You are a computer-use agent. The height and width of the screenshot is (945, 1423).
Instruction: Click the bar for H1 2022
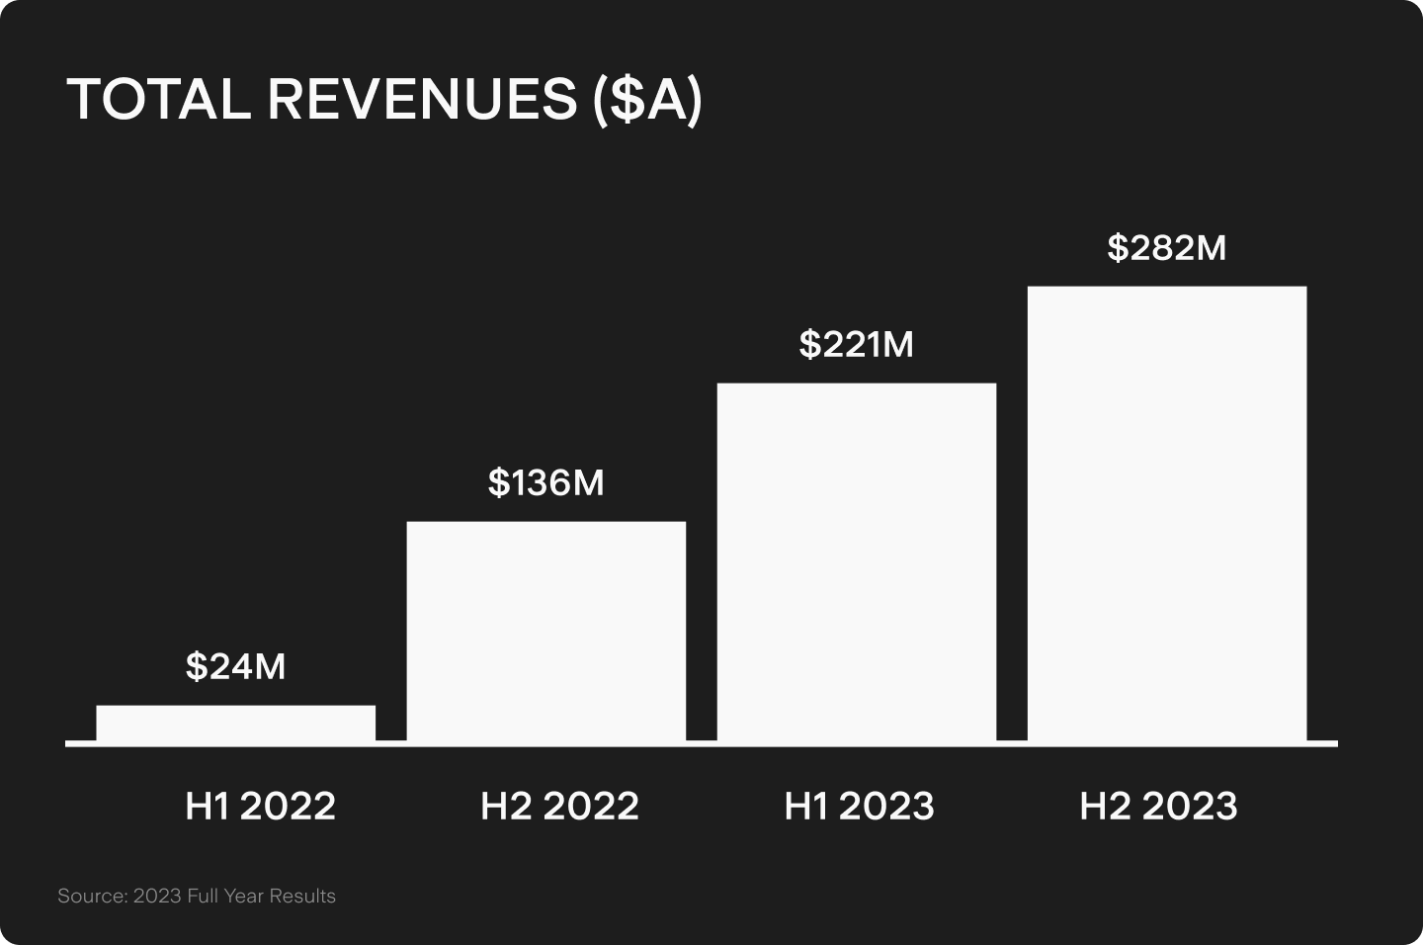pyautogui.click(x=235, y=723)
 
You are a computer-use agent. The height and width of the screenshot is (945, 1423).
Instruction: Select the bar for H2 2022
pyautogui.click(x=545, y=631)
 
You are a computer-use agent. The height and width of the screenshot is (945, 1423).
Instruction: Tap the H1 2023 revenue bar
pyautogui.click(x=856, y=561)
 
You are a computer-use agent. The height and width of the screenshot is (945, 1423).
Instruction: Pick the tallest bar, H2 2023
pyautogui.click(x=1166, y=513)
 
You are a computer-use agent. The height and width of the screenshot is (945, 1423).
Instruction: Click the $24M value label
pyautogui.click(x=235, y=667)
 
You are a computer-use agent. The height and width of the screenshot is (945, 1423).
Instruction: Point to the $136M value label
pyautogui.click(x=545, y=483)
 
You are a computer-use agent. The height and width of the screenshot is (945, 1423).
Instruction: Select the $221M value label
pyautogui.click(x=856, y=345)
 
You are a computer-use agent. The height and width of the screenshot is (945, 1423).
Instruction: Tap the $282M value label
pyautogui.click(x=1166, y=248)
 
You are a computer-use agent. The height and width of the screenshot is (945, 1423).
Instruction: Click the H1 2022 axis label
pyautogui.click(x=260, y=807)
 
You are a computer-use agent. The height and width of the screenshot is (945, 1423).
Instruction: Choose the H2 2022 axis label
pyautogui.click(x=559, y=807)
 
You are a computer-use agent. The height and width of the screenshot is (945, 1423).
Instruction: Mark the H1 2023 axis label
pyautogui.click(x=859, y=807)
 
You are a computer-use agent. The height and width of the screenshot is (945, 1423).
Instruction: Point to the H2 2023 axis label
pyautogui.click(x=1158, y=807)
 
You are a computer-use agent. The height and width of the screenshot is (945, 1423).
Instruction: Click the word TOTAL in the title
pyautogui.click(x=158, y=100)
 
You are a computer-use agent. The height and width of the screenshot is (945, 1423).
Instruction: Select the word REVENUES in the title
pyautogui.click(x=422, y=100)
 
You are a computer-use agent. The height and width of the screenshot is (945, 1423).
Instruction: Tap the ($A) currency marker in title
pyautogui.click(x=647, y=100)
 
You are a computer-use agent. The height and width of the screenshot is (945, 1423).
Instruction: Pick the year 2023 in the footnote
pyautogui.click(x=157, y=897)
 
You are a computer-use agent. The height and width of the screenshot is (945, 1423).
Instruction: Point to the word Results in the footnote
pyautogui.click(x=302, y=897)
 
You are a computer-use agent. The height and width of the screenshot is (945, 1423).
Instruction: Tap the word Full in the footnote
pyautogui.click(x=203, y=897)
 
